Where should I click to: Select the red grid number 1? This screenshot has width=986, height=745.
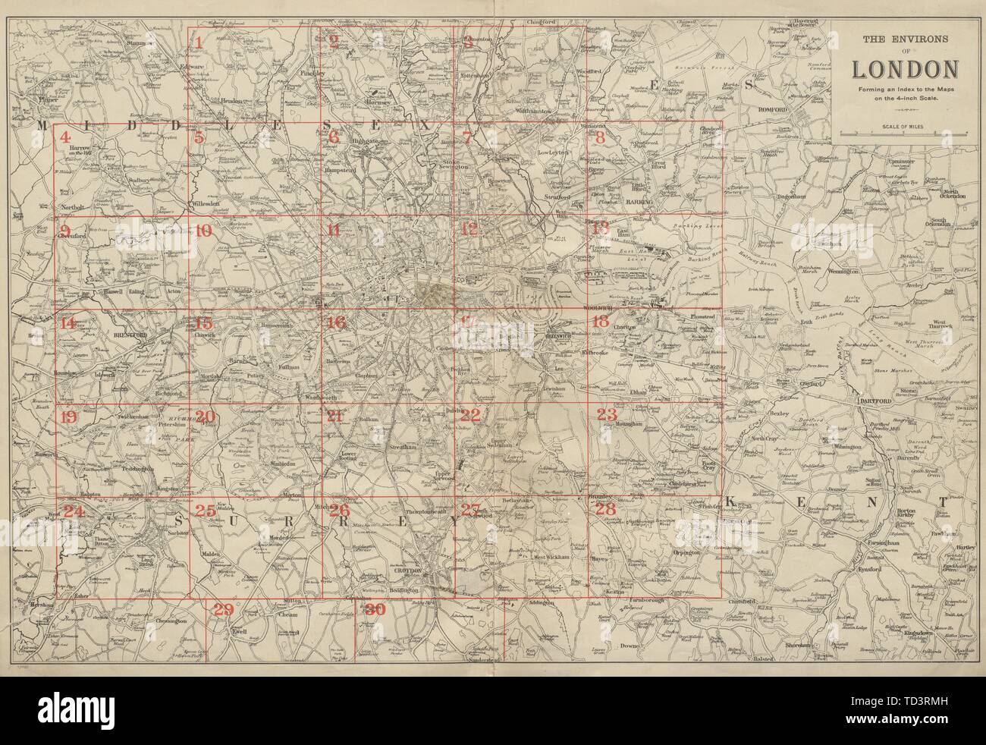[198, 42]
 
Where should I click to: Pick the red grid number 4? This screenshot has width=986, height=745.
[68, 137]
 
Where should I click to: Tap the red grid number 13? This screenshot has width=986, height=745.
[601, 229]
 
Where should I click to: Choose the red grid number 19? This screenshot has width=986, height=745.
[68, 417]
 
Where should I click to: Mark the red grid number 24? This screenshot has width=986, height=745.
[73, 511]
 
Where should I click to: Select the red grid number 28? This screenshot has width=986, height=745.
[604, 510]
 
